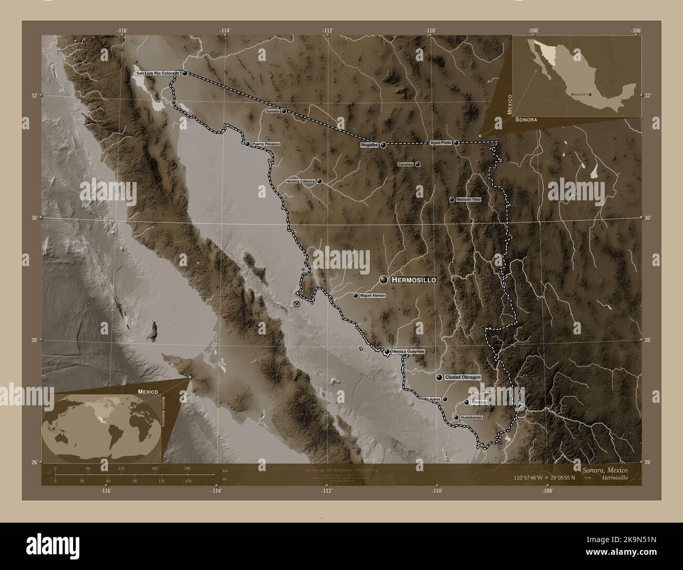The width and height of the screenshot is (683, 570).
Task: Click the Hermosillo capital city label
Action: pos(414,280)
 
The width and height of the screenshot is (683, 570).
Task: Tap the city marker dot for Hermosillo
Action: pos(384,280)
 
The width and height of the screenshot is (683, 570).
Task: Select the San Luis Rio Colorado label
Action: pos(158,73)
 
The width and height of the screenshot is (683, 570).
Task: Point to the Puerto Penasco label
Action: pos(266,144)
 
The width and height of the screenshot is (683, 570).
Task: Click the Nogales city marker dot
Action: pos(384,145)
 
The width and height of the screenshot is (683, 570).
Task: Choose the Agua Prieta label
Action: pos(441,142)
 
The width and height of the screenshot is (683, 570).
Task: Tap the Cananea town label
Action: pos(406,164)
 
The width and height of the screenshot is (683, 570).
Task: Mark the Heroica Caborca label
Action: pos(300,181)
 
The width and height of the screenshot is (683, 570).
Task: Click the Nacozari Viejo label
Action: pos(469,200)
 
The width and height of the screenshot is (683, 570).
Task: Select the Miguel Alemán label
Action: pos(373,296)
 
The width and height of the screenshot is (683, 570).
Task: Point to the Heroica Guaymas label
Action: pos(408,351)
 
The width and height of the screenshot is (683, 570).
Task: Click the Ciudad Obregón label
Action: pos(463,378)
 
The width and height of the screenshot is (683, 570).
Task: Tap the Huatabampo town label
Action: pos(471,417)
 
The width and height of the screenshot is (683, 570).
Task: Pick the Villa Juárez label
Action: pos(431,399)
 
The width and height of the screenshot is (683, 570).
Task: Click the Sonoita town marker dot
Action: pos(284,111)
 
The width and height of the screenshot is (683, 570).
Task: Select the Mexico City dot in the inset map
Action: pos(591,94)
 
